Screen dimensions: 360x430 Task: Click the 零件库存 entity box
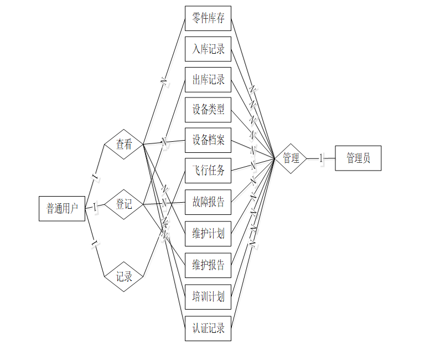(x=208, y=18)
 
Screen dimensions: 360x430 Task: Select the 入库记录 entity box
(x=208, y=49)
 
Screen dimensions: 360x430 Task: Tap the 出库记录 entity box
(x=208, y=80)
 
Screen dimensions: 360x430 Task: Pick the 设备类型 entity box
(x=208, y=110)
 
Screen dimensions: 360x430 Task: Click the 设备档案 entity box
(x=208, y=140)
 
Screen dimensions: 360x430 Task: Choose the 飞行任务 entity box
(x=208, y=171)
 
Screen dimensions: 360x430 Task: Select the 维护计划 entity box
(x=208, y=233)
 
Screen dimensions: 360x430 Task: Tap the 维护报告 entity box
(x=208, y=265)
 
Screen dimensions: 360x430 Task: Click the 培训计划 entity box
(x=208, y=296)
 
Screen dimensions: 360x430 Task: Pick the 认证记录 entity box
(x=208, y=328)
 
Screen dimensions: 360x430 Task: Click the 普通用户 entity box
(x=62, y=208)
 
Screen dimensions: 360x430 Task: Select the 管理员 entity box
(x=358, y=158)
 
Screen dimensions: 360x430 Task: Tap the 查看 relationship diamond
(x=124, y=145)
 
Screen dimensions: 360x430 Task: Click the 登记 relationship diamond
(x=124, y=204)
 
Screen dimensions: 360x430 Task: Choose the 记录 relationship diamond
(x=124, y=276)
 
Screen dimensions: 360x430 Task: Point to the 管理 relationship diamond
(x=291, y=158)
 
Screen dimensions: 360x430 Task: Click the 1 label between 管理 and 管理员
(x=320, y=158)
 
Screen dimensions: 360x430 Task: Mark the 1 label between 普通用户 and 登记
(x=95, y=207)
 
